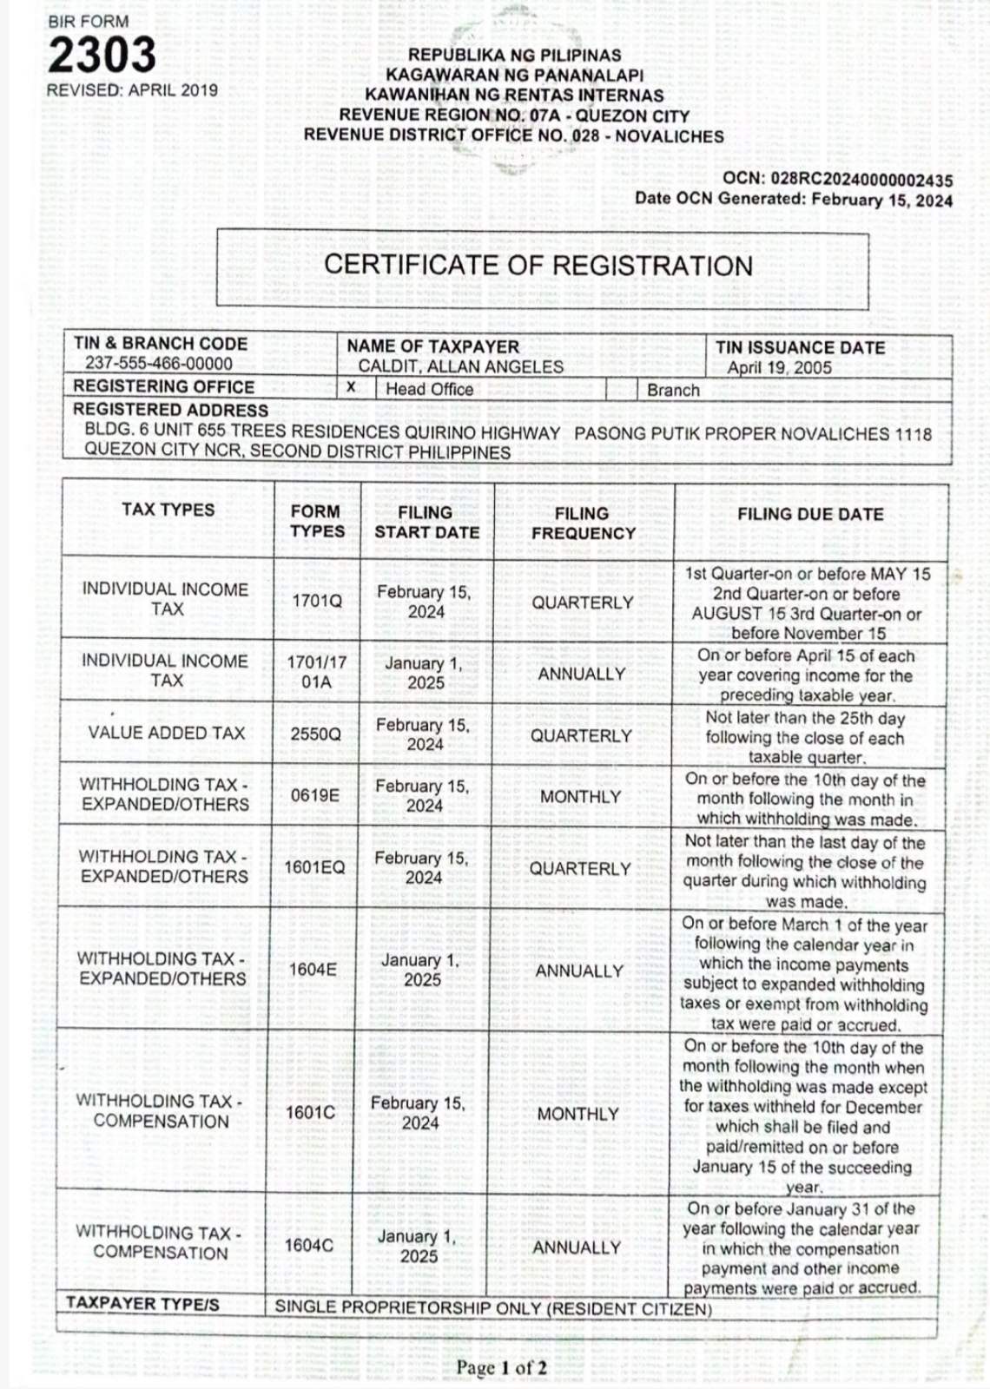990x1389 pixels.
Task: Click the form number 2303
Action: click(102, 56)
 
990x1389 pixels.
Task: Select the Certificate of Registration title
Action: click(538, 266)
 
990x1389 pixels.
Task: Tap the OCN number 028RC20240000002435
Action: click(861, 181)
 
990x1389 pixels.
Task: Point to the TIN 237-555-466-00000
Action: click(159, 364)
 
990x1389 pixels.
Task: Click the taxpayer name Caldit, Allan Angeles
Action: click(460, 366)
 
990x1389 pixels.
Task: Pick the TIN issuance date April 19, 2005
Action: click(779, 367)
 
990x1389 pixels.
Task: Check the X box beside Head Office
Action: click(351, 387)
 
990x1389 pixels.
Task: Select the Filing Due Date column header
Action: click(810, 514)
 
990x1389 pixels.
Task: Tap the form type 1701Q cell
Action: click(317, 601)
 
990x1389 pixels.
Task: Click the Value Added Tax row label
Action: click(167, 733)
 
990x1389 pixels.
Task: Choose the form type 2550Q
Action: click(316, 734)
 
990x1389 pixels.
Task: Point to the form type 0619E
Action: click(315, 795)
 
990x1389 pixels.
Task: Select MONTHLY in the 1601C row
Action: click(577, 1114)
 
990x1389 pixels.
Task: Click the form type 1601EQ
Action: click(314, 867)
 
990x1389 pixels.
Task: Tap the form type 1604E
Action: click(313, 969)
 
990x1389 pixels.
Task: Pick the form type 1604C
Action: click(309, 1245)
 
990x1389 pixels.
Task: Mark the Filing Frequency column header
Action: click(583, 523)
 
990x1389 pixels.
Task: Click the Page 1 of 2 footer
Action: click(501, 1368)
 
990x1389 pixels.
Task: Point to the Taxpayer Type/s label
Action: click(142, 1303)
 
